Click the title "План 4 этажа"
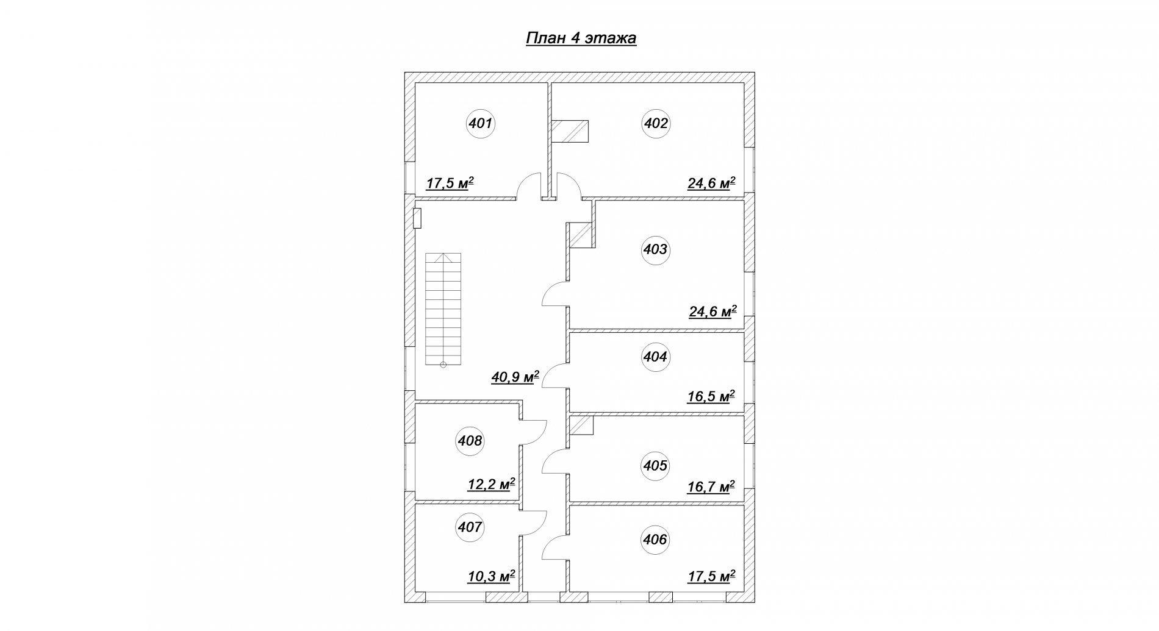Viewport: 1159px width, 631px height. [581, 38]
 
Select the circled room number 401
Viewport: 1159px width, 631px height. [481, 124]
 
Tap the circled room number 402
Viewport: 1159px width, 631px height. [656, 124]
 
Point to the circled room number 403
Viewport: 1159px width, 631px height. [655, 249]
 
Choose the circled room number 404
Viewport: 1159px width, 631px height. [655, 357]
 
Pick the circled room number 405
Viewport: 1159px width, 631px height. [655, 466]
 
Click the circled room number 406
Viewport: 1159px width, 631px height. [655, 540]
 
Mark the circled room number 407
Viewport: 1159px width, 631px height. [470, 527]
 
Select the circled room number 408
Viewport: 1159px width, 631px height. [470, 441]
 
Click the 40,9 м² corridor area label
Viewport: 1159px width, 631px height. [515, 377]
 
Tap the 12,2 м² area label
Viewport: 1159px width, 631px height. [492, 484]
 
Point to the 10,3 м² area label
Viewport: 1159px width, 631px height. [492, 576]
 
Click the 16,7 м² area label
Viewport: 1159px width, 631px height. [711, 487]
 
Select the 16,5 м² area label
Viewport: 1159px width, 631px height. [711, 396]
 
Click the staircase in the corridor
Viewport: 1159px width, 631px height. [443, 310]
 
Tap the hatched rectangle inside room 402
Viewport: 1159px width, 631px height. [570, 131]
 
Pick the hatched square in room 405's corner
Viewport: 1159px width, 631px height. [582, 426]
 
